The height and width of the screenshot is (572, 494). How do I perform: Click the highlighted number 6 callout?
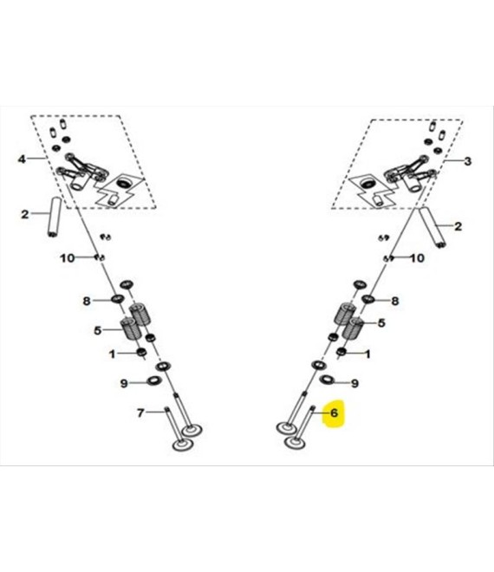coord(334,413)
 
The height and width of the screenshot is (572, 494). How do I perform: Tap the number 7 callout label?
coord(140,413)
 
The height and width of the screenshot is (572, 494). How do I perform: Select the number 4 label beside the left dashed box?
coord(22,159)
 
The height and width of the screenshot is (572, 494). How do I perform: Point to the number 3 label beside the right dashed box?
coord(467,161)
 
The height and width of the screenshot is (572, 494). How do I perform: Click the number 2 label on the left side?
coord(24,214)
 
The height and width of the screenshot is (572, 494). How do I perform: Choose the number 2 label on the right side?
coord(458,226)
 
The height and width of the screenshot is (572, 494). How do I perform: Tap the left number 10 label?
coord(67,258)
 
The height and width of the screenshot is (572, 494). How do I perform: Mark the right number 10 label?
coord(418,258)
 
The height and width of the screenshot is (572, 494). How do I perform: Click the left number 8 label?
coord(86,301)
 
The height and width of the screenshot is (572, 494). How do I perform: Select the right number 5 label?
coord(381,323)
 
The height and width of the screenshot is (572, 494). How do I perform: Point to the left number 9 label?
coord(124,383)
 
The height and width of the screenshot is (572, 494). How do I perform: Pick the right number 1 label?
coord(367,354)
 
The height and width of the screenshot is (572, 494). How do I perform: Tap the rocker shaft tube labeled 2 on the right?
coord(432,227)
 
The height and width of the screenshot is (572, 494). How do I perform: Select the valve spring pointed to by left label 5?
coord(129,328)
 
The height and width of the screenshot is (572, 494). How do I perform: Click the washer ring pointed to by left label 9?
coord(154,381)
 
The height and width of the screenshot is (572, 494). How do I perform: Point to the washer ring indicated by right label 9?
coord(327,380)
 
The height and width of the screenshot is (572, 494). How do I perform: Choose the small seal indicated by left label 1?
coord(141,353)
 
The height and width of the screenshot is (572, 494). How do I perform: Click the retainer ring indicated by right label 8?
coord(368,300)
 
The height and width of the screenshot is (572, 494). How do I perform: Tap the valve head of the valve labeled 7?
coord(182,445)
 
